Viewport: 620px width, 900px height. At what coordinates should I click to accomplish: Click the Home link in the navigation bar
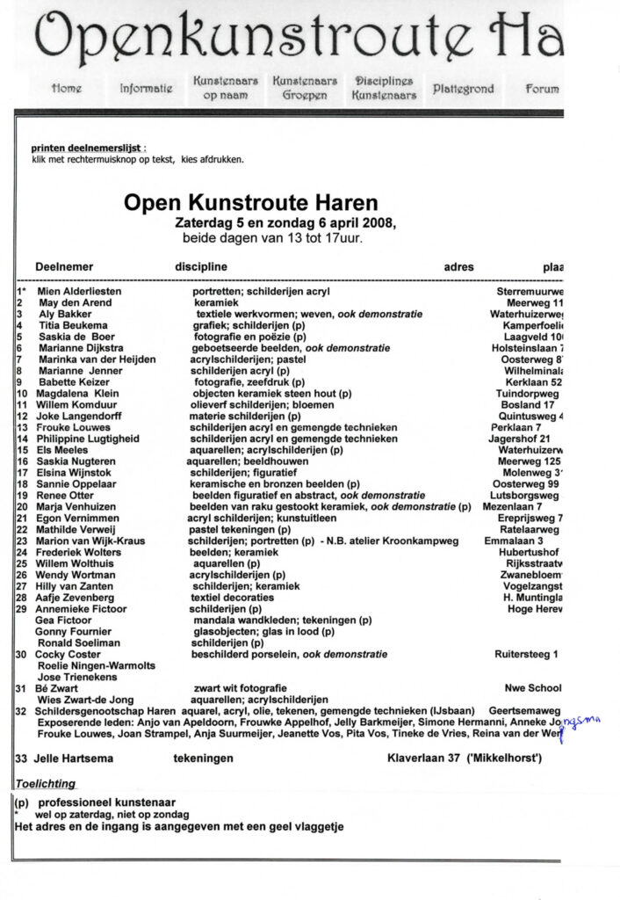coord(67,89)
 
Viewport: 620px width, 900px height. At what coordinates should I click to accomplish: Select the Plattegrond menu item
coord(463,89)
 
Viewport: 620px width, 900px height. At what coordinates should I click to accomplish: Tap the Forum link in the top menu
coord(542,89)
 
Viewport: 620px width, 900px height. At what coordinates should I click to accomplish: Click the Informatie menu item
coord(146,89)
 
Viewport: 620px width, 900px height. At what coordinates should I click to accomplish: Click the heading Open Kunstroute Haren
coord(250,204)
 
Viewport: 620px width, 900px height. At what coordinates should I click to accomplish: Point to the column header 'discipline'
coord(201,267)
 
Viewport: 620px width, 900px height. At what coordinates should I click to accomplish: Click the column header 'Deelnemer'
coord(65,267)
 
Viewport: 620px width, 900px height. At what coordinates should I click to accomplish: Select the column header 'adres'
coord(458,267)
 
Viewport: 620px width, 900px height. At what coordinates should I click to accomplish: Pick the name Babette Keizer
coord(72,382)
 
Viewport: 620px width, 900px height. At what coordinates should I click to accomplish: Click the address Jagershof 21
coord(520,439)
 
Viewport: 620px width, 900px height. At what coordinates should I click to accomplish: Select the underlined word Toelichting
coord(45,783)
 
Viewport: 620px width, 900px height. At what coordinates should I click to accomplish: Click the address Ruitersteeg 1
coord(526,655)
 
